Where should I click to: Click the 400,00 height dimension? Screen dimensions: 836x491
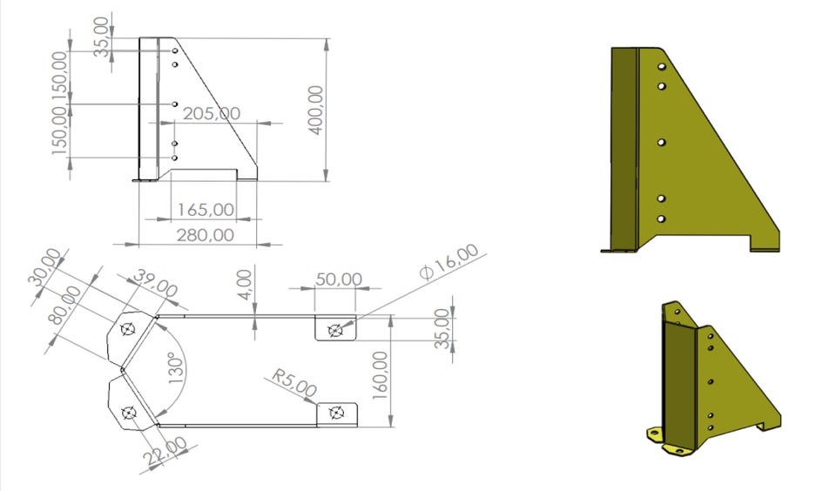pyautogui.click(x=317, y=111)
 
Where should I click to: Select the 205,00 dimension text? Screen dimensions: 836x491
pyautogui.click(x=212, y=113)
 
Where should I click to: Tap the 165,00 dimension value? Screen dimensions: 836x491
pyautogui.click(x=206, y=210)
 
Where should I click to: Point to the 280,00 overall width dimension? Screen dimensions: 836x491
pyautogui.click(x=206, y=234)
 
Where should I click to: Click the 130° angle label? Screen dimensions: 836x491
pyautogui.click(x=175, y=368)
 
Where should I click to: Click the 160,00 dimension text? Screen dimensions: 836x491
pyautogui.click(x=380, y=375)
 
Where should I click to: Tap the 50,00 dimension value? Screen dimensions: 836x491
pyautogui.click(x=339, y=279)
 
